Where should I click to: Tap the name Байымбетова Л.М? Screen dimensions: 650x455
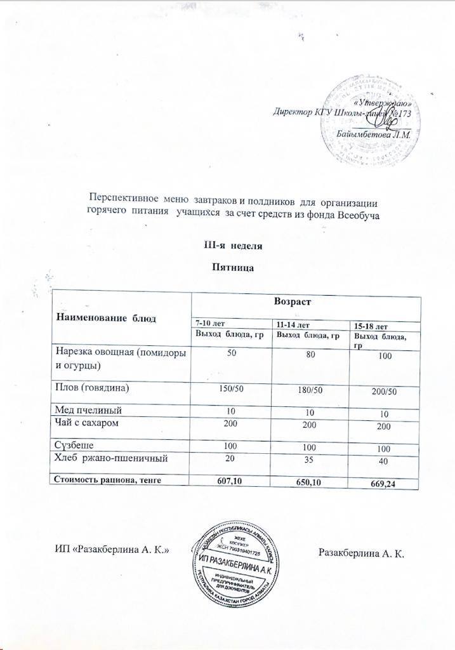coord(374,135)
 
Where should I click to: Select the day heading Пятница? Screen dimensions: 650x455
coord(232,268)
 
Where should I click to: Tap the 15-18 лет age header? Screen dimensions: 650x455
coord(371,326)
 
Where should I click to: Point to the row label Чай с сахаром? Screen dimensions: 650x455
coord(87,422)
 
